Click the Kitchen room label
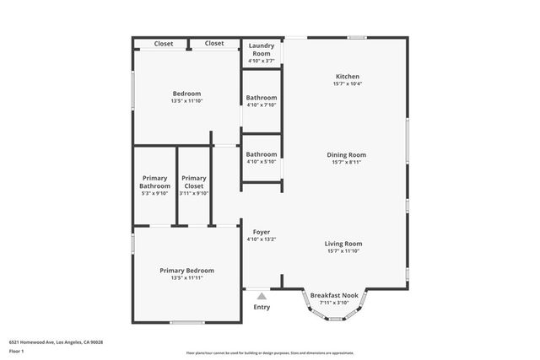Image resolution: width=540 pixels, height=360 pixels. click(347, 77)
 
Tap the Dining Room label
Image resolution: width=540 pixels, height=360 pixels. click(347, 154)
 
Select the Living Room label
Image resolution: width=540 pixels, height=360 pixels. click(343, 244)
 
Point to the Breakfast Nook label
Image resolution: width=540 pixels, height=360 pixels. click(334, 295)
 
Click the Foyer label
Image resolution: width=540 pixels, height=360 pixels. click(261, 232)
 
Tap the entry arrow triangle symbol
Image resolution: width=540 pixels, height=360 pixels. click(262, 296)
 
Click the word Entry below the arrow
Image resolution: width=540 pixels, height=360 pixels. click(262, 307)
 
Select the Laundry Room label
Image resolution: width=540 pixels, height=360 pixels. click(262, 50)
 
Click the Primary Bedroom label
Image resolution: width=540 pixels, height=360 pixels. click(186, 271)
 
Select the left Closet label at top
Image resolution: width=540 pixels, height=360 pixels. click(164, 43)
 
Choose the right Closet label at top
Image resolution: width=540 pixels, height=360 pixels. click(214, 43)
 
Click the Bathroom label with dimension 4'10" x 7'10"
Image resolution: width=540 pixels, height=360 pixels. click(262, 98)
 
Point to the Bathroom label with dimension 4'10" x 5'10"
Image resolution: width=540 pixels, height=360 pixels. click(262, 154)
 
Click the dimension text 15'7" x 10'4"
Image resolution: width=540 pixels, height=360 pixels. click(347, 83)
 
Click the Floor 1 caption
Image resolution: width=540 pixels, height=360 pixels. click(17, 351)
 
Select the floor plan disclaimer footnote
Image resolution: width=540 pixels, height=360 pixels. click(270, 352)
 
